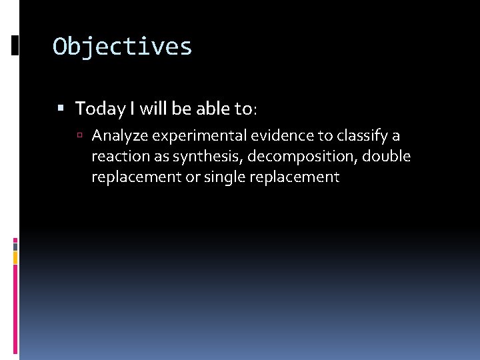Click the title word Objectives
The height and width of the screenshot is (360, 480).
click(123, 47)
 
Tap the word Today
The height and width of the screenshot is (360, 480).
click(99, 108)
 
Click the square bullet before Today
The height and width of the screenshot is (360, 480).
click(61, 107)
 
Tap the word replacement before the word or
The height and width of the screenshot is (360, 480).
click(136, 177)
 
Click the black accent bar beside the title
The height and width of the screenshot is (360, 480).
click(15, 45)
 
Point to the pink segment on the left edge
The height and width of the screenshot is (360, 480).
click(15, 241)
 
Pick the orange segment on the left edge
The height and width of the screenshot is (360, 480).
click(15, 257)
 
